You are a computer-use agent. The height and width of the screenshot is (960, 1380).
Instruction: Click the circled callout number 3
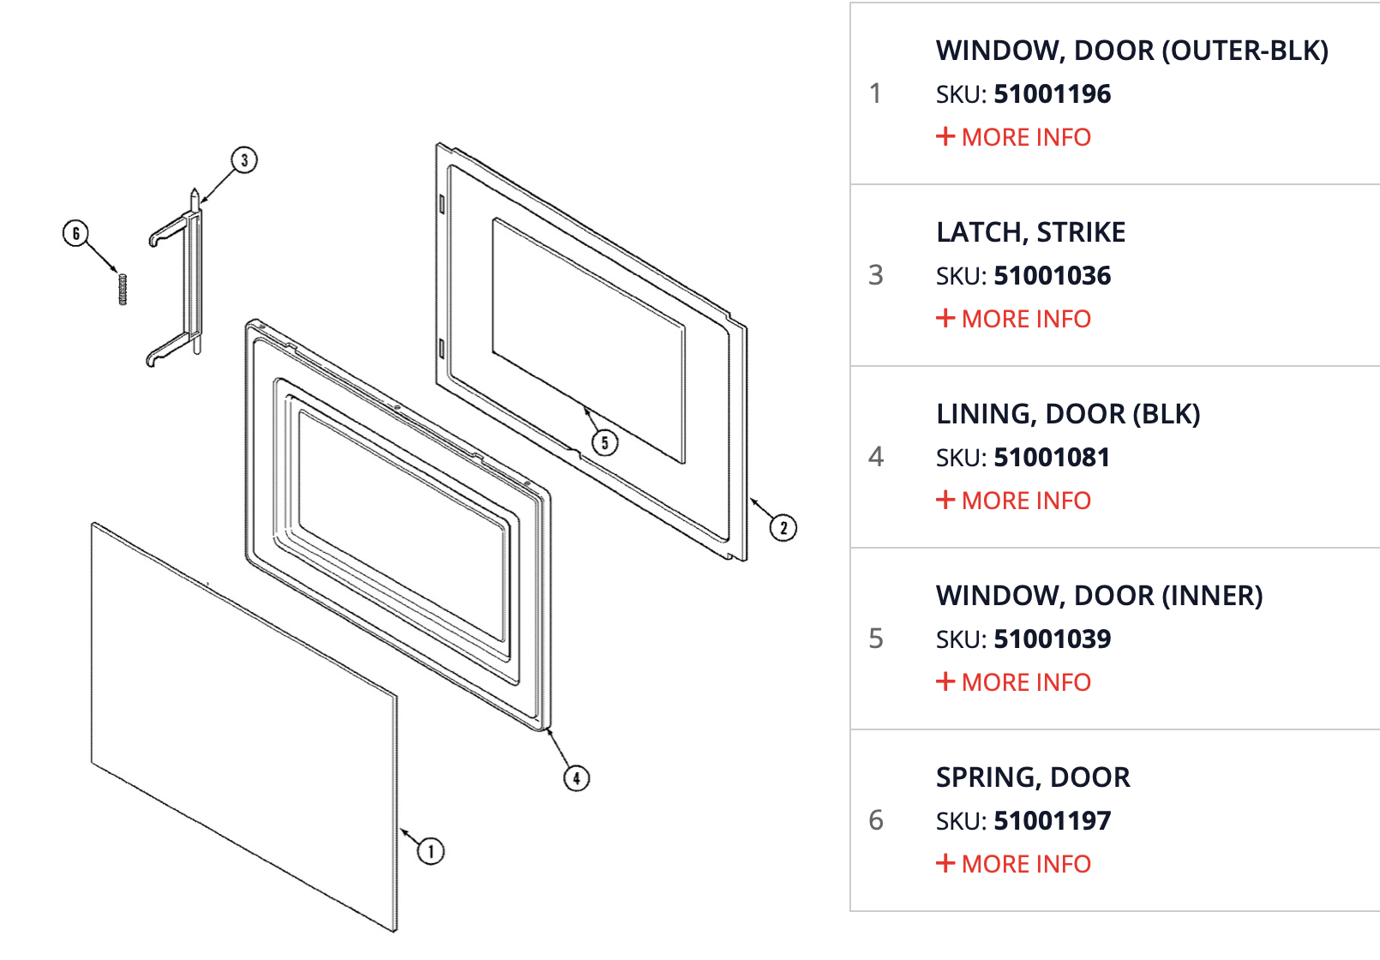point(244,160)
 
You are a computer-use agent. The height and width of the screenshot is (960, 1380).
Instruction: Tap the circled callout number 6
point(76,233)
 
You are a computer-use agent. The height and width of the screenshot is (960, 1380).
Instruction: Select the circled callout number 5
point(605,442)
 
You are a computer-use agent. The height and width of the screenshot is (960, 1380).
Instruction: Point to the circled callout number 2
point(783,528)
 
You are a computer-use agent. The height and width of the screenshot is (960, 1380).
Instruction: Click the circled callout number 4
point(577,778)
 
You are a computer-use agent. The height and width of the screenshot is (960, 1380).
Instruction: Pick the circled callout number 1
point(431,851)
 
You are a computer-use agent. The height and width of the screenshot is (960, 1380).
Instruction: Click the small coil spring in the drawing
point(123,289)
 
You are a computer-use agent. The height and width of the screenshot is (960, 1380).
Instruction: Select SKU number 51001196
point(1052,94)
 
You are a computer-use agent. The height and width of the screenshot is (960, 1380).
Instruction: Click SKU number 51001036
point(1052,276)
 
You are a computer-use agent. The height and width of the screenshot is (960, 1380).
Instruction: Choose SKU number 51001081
point(1052,458)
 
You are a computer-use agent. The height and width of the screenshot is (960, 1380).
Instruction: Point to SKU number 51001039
point(1052,639)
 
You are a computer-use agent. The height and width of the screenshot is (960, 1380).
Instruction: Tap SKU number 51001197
point(1052,821)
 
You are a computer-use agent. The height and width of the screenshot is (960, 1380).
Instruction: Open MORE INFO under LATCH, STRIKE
point(1014,319)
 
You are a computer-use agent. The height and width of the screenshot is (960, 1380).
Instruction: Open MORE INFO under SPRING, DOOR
point(1014,864)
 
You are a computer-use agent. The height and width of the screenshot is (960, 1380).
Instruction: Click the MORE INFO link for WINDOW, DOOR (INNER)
point(1014,682)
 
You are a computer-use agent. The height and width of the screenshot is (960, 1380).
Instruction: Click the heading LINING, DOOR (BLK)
point(1068,414)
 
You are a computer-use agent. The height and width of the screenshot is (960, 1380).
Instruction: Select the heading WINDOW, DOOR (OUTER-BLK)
point(1131,51)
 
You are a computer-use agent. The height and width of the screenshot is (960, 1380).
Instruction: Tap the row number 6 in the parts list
point(875,820)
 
